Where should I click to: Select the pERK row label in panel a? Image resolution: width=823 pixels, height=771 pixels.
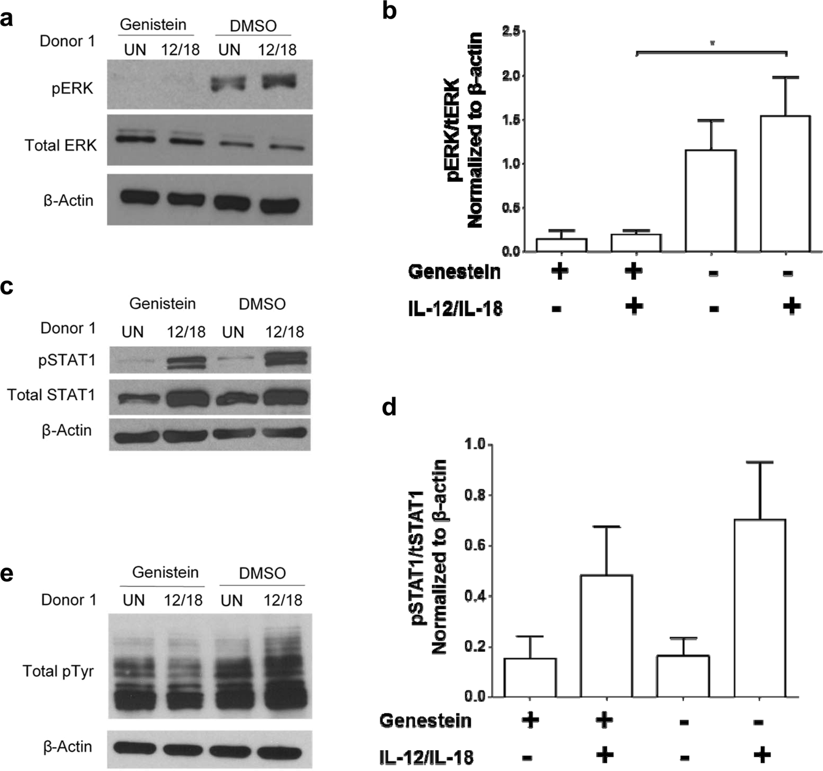[x=73, y=89]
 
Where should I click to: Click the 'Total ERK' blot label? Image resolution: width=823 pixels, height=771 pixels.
[x=61, y=145]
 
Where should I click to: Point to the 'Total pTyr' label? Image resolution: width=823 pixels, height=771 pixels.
[x=58, y=671]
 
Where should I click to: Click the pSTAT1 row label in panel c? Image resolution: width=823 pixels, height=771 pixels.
[x=67, y=360]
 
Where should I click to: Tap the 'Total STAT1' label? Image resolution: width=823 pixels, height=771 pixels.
[x=52, y=395]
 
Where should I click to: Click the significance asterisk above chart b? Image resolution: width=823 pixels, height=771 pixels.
[x=712, y=44]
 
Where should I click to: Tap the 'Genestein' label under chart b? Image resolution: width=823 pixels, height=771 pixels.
[x=454, y=272]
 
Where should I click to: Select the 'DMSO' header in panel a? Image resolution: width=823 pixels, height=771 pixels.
[x=253, y=26]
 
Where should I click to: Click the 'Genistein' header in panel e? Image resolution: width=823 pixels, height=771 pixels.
[x=165, y=572]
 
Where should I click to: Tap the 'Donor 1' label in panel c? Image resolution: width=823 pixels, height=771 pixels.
[x=68, y=328]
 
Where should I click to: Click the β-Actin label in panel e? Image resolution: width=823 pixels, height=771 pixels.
[x=68, y=746]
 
